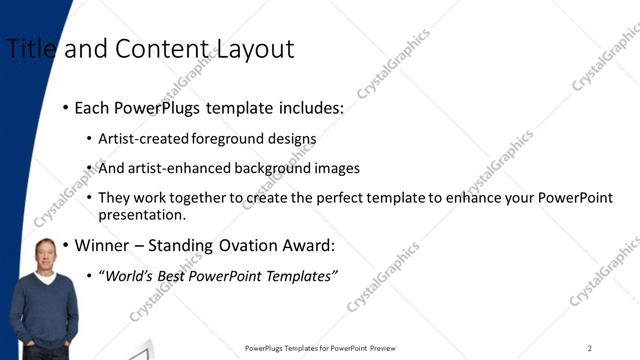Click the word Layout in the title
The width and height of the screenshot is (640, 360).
[258, 48]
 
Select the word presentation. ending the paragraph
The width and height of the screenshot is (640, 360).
[141, 214]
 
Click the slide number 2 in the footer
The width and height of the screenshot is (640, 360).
[590, 348]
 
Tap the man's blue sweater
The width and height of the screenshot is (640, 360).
[46, 310]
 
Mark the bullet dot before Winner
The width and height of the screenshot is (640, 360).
[66, 245]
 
